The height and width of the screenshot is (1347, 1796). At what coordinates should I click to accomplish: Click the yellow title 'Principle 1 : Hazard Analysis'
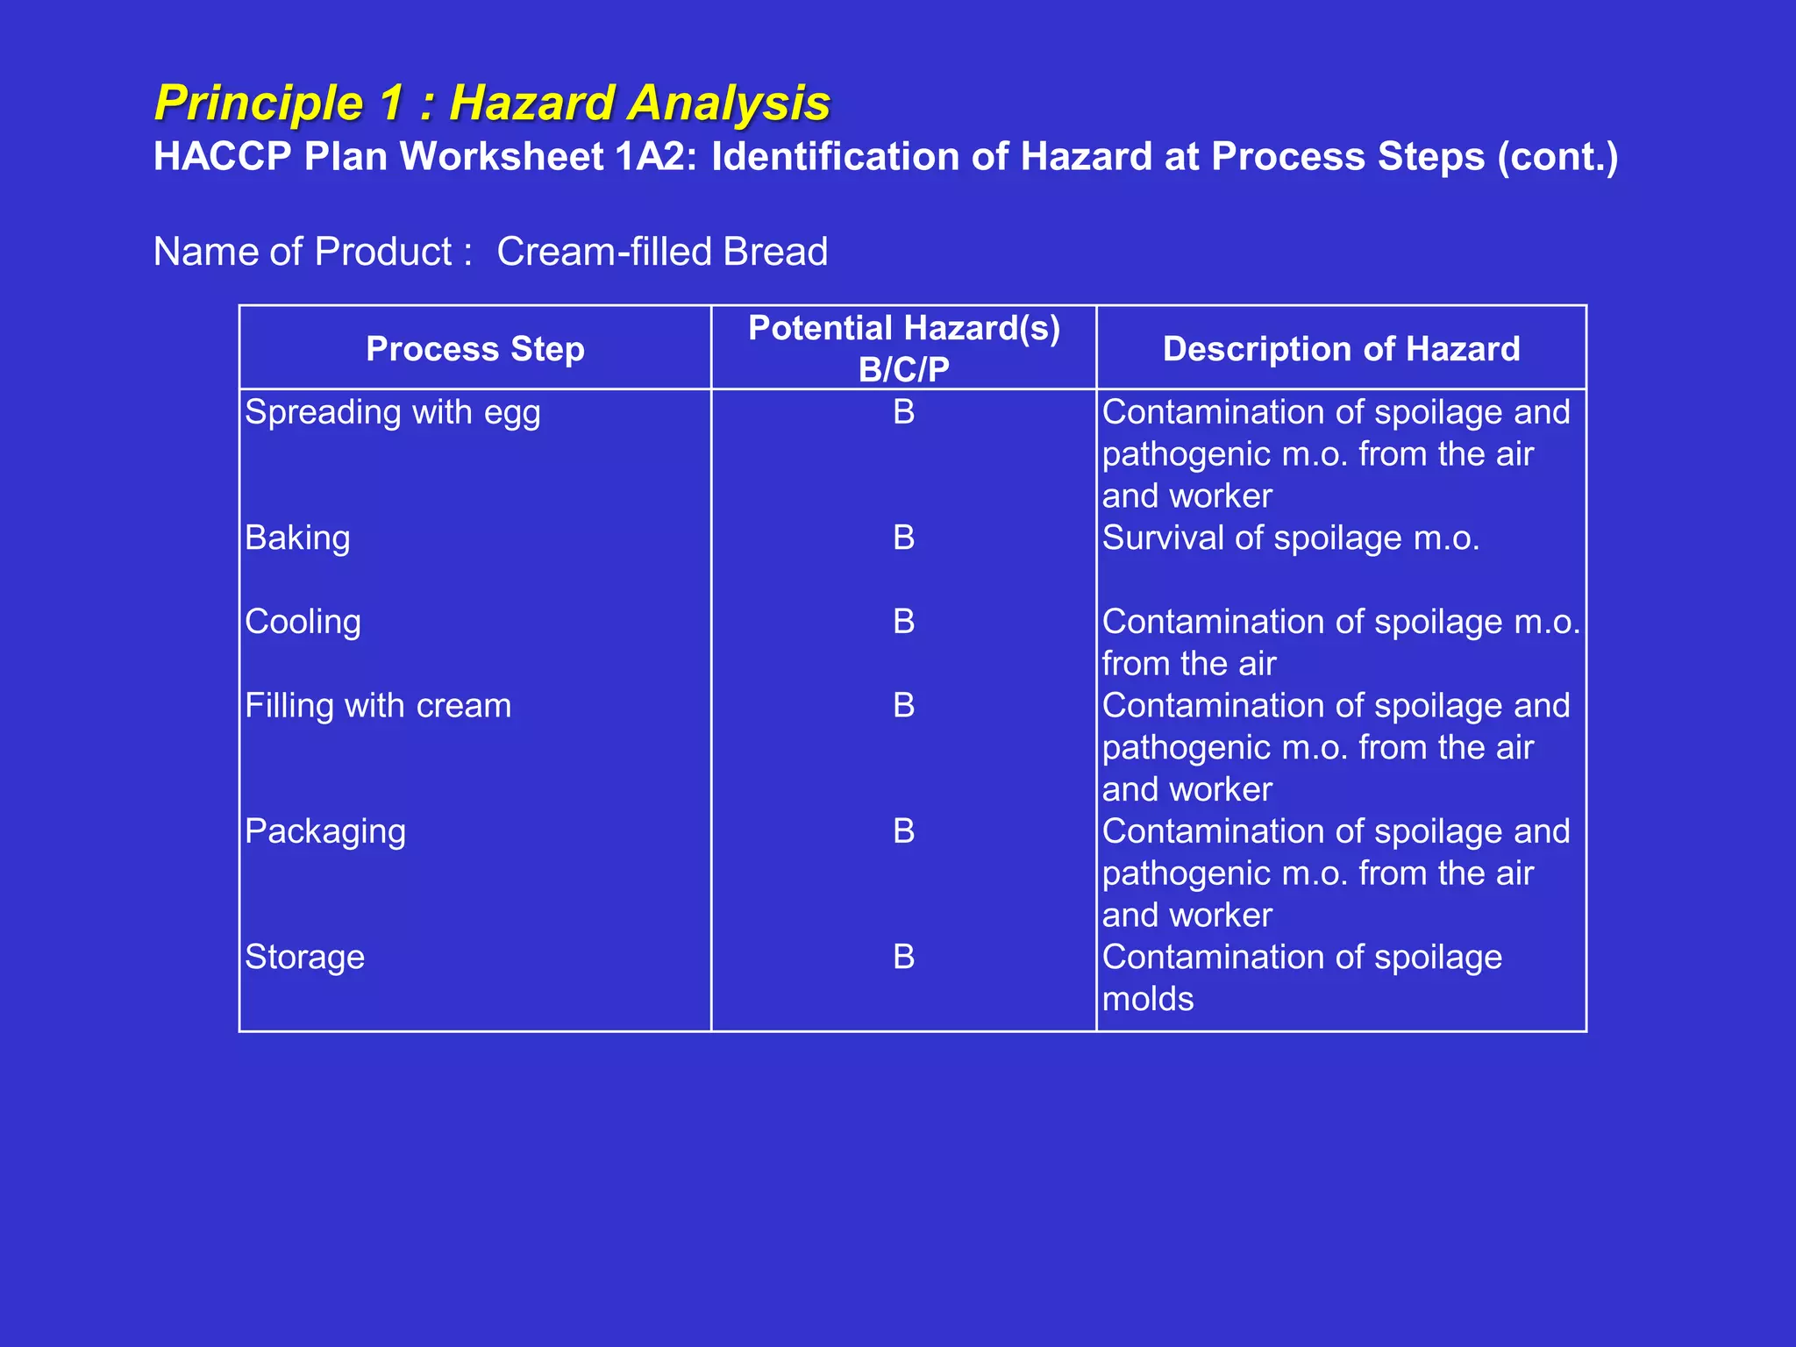click(492, 103)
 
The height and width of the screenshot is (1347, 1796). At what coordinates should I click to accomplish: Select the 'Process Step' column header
click(474, 349)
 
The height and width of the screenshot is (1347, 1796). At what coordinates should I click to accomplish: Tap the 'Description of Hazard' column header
click(1341, 349)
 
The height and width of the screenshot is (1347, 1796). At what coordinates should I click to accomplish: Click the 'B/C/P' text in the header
click(903, 369)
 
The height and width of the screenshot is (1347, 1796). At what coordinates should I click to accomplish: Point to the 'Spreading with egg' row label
click(392, 412)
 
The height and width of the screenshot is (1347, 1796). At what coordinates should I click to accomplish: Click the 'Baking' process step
click(297, 538)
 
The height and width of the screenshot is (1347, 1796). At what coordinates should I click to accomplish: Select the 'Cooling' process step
click(303, 622)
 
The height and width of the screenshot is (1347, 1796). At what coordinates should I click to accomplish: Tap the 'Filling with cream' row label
click(377, 706)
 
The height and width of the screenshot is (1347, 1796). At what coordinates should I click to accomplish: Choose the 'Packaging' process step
click(324, 831)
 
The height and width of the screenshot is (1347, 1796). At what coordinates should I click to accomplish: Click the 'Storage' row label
click(304, 957)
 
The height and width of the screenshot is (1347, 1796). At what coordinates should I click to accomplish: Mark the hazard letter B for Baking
click(903, 538)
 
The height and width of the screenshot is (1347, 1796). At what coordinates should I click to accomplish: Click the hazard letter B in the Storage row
click(903, 957)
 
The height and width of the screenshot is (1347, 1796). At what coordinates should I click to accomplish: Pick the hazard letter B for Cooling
click(903, 622)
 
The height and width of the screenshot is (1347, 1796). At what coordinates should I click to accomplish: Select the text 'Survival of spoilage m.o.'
click(1290, 538)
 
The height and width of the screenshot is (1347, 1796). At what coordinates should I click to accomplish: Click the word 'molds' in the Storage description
click(1147, 999)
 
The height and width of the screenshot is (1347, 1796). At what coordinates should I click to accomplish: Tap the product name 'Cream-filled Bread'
click(662, 252)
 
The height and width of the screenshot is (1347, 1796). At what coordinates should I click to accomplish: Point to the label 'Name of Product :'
click(313, 252)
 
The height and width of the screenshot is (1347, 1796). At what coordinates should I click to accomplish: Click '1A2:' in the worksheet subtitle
click(655, 157)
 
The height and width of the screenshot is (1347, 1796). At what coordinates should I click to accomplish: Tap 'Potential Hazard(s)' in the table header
click(903, 328)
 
